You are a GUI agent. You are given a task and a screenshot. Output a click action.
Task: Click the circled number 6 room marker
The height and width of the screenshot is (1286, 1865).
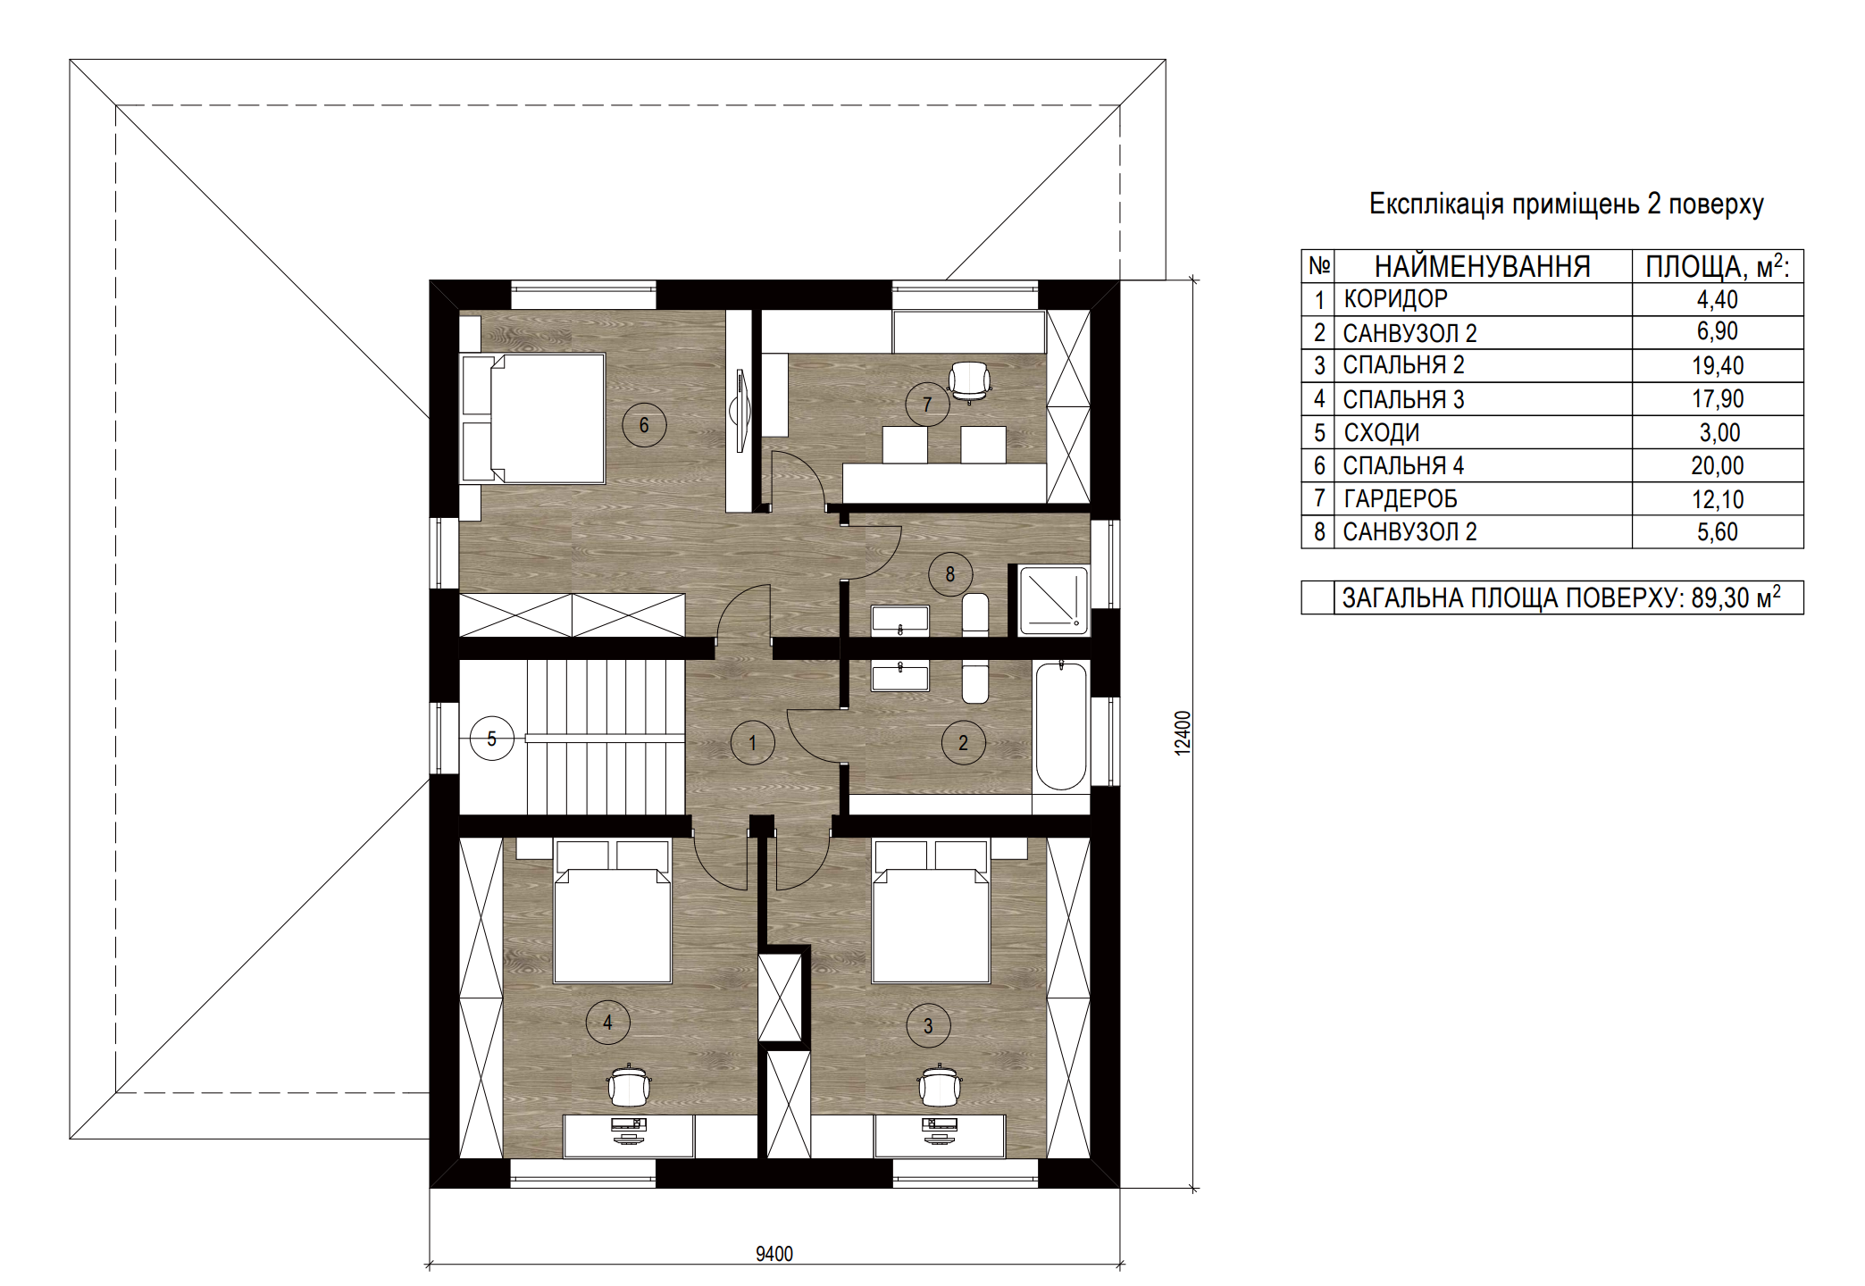(x=644, y=425)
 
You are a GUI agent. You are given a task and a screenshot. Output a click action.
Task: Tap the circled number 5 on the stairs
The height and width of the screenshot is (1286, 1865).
(x=492, y=739)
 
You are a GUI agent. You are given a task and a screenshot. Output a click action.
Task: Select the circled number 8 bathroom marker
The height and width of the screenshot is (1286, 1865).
(x=950, y=574)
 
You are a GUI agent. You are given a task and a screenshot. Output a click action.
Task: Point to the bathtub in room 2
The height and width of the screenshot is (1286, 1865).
(x=1061, y=726)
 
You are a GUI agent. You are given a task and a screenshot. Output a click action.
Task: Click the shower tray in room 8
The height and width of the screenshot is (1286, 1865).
(x=1054, y=601)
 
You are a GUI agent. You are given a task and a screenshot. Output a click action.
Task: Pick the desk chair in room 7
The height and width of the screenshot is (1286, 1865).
(x=969, y=381)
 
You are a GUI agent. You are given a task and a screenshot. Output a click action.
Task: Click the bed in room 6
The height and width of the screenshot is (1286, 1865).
(x=534, y=419)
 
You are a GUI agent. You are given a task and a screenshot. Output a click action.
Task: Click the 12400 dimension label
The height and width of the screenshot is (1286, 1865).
(x=1183, y=733)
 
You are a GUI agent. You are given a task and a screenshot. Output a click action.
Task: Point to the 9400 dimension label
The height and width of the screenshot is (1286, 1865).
(x=774, y=1254)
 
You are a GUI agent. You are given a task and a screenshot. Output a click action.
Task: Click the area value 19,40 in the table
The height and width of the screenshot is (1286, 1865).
(x=1718, y=365)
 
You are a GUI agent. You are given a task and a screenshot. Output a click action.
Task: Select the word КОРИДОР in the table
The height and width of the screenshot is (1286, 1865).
(x=1395, y=299)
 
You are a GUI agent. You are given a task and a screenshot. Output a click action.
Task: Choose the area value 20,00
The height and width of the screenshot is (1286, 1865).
(x=1718, y=465)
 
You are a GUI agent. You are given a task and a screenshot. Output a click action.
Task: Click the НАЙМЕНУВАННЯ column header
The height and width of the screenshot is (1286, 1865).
(x=1483, y=266)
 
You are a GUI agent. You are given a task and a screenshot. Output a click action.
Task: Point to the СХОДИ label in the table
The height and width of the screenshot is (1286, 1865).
(x=1382, y=433)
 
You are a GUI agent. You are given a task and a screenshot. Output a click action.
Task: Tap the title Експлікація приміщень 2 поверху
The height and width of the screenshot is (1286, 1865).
(x=1567, y=205)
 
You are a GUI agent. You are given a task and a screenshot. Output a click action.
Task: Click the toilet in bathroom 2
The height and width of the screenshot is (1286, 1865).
(x=975, y=682)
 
